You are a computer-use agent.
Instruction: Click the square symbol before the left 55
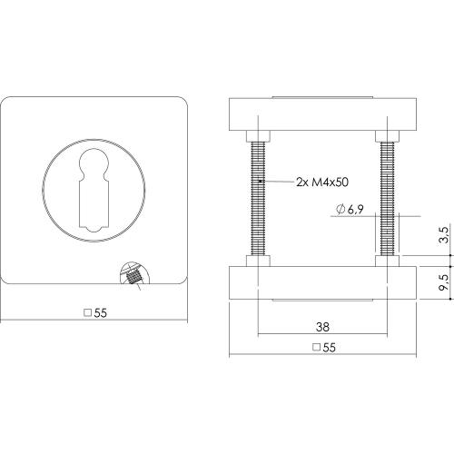(x=87, y=313)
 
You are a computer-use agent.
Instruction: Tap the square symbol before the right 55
(x=315, y=348)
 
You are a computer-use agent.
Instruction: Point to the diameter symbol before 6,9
(x=339, y=211)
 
